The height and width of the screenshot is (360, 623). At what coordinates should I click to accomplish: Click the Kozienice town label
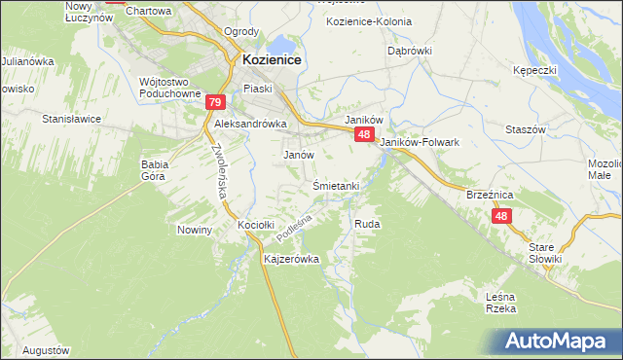click(269, 59)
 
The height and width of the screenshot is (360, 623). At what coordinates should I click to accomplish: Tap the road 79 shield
click(216, 102)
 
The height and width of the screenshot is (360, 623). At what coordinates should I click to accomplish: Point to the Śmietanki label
click(337, 186)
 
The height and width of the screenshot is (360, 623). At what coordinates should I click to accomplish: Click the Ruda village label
click(367, 224)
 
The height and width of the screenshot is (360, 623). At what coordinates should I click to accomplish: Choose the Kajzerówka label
click(292, 260)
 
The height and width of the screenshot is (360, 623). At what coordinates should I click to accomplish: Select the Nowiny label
click(195, 230)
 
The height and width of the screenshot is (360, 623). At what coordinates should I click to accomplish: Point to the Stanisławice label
click(72, 119)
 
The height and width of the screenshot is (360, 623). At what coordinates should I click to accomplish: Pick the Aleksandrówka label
click(250, 125)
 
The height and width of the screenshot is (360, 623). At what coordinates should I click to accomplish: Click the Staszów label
click(523, 129)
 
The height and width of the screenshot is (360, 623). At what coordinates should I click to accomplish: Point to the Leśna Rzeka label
click(499, 303)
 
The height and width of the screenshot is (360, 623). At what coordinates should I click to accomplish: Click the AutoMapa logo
click(560, 342)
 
